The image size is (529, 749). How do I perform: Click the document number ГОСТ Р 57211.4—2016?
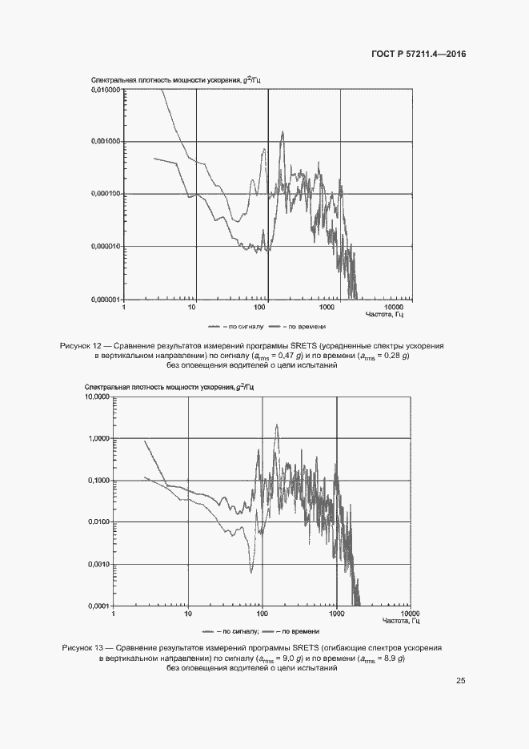[419, 54]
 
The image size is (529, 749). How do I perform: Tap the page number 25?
[461, 681]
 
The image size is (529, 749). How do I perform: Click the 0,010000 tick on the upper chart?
[104, 90]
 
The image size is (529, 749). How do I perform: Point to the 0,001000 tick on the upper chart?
[104, 142]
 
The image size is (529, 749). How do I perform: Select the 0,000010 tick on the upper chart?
[104, 247]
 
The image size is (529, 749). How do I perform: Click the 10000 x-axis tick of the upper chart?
[393, 307]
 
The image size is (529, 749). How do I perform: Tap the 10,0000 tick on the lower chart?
[97, 397]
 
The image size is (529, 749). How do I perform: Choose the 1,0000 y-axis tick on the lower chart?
[98, 439]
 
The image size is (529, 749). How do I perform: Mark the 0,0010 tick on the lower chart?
[98, 564]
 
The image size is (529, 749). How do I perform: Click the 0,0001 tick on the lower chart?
[98, 606]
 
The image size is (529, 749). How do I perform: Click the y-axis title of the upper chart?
[176, 81]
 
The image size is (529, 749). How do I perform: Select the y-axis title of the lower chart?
[169, 388]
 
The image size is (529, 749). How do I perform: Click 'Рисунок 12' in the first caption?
[82, 345]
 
